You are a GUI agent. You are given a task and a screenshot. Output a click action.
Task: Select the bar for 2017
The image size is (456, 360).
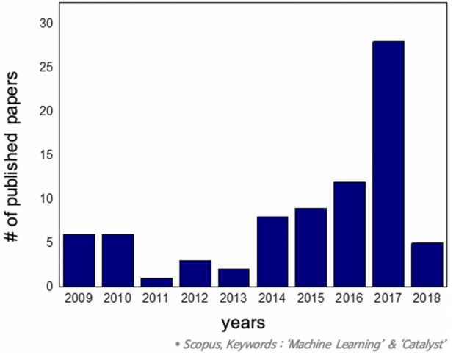coord(388,163)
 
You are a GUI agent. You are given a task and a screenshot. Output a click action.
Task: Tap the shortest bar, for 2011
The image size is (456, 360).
coord(156,281)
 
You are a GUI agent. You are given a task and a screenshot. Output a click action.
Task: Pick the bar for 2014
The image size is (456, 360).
coord(272,251)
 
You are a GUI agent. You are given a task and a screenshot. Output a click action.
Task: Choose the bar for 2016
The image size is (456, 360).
coord(350,234)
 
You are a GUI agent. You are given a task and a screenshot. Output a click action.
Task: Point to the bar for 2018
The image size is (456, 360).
coord(427,264)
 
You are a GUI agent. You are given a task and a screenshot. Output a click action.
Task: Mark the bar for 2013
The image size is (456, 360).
coord(234,277)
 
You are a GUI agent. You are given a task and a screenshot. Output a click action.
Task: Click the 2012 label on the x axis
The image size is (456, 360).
coord(195,298)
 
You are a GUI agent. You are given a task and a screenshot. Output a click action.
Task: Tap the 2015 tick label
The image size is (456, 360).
coord(311,298)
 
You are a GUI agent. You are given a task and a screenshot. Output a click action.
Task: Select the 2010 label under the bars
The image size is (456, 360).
coord(117,298)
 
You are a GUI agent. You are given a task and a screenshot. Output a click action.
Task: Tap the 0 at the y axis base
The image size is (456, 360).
coord(50,286)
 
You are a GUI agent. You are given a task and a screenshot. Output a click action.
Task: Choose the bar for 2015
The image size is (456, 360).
coord(311,247)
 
